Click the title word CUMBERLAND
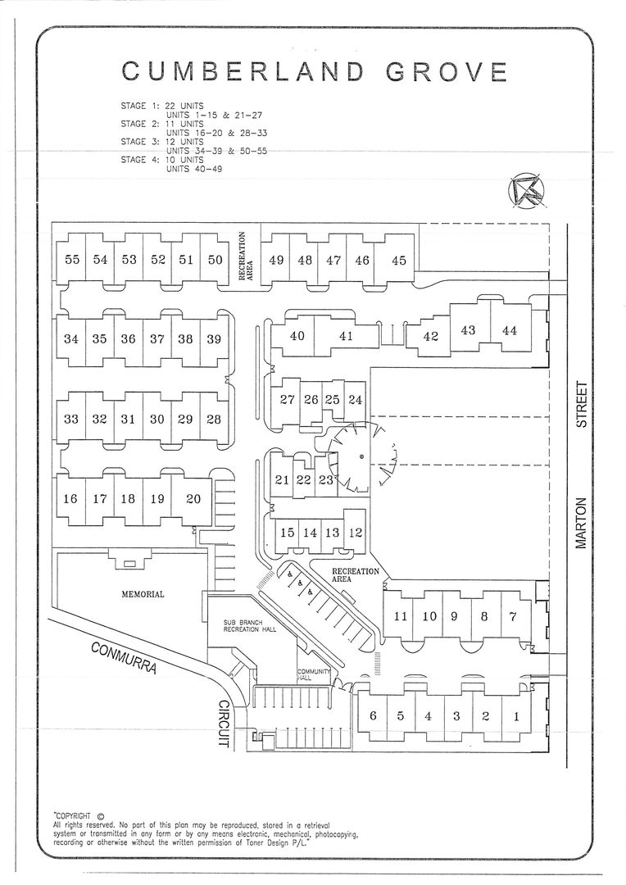[243, 71]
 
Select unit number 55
[72, 260]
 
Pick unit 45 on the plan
[398, 261]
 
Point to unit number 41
[346, 336]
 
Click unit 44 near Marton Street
[509, 330]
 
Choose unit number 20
[193, 499]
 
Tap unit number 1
[515, 716]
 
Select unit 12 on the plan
[355, 533]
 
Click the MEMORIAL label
[143, 594]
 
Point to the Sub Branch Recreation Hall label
[250, 626]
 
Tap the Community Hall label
[313, 674]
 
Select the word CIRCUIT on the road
[224, 724]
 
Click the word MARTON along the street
[582, 523]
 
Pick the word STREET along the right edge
[582, 405]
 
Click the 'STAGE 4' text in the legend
[134, 160]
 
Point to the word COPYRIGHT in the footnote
[72, 815]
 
